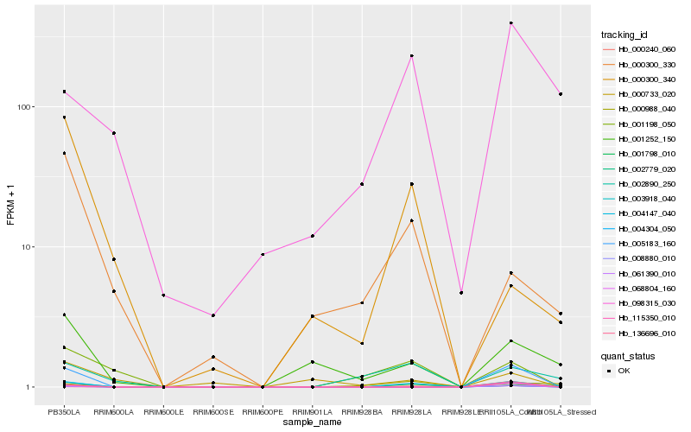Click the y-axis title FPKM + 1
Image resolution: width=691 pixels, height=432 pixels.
pyautogui.click(x=10, y=205)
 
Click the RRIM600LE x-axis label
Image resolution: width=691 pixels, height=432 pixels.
pyautogui.click(x=163, y=413)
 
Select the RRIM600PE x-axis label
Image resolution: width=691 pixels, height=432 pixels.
pyautogui.click(x=263, y=413)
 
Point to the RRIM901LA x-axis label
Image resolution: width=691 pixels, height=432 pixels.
pyautogui.click(x=312, y=413)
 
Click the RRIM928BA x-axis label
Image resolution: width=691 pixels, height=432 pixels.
pyautogui.click(x=362, y=413)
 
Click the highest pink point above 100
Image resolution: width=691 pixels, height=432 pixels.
pyautogui.click(x=511, y=23)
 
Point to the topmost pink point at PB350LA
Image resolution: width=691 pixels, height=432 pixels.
pyautogui.click(x=64, y=92)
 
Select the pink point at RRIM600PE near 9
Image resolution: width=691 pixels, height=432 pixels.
pyautogui.click(x=263, y=254)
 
